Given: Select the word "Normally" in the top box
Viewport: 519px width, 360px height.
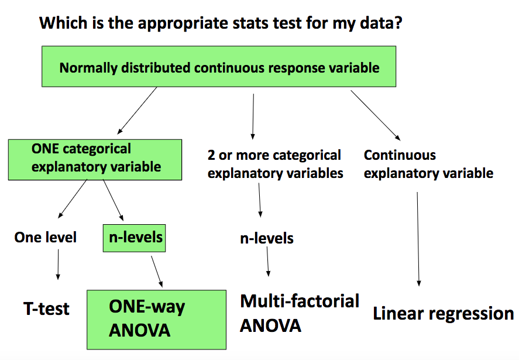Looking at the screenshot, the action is [x=88, y=68].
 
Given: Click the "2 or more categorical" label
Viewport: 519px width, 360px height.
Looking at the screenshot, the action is [x=274, y=155].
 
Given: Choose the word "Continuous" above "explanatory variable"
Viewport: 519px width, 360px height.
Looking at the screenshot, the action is [x=400, y=155].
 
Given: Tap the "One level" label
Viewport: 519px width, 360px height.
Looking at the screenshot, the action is [x=45, y=237].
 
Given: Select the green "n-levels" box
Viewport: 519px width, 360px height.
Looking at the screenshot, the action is [x=134, y=238].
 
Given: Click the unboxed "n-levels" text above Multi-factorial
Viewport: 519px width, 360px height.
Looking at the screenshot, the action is [x=267, y=238].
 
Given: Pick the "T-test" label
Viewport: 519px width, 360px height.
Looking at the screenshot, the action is [x=46, y=308].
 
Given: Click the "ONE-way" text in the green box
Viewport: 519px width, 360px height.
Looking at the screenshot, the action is [x=147, y=307].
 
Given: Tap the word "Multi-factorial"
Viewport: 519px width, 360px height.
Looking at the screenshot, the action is [x=300, y=301].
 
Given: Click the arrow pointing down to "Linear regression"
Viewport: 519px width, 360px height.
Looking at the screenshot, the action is [x=418, y=239].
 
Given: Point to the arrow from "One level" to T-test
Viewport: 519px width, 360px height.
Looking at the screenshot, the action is [x=59, y=264].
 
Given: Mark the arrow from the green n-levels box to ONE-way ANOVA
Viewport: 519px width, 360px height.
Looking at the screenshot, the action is [x=157, y=271].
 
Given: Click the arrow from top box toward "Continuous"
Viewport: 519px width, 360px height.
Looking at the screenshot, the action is [x=376, y=115].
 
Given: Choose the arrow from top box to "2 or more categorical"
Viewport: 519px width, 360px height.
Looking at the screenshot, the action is [x=253, y=116].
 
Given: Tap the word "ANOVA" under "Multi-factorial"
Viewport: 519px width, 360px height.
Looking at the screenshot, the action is [x=270, y=326].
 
